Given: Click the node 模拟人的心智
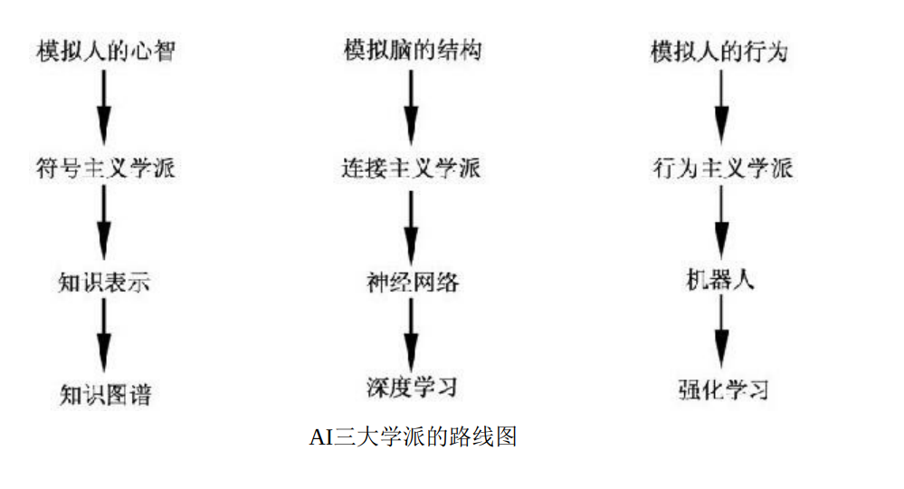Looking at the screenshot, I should point(103,52).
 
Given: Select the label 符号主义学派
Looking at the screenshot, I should point(103,168).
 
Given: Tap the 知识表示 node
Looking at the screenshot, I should point(103,283).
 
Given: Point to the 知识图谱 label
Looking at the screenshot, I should point(103,395).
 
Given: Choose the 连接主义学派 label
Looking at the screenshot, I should point(412,168).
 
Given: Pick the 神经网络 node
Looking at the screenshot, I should point(412,283).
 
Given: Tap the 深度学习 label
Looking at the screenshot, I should point(412,387).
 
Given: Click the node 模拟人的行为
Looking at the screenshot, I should point(720,52).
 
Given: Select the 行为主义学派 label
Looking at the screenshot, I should point(720,168).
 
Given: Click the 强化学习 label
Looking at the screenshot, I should point(720,390).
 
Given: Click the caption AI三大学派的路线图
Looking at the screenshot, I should point(413,437).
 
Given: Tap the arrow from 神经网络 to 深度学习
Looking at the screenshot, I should point(412,334).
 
